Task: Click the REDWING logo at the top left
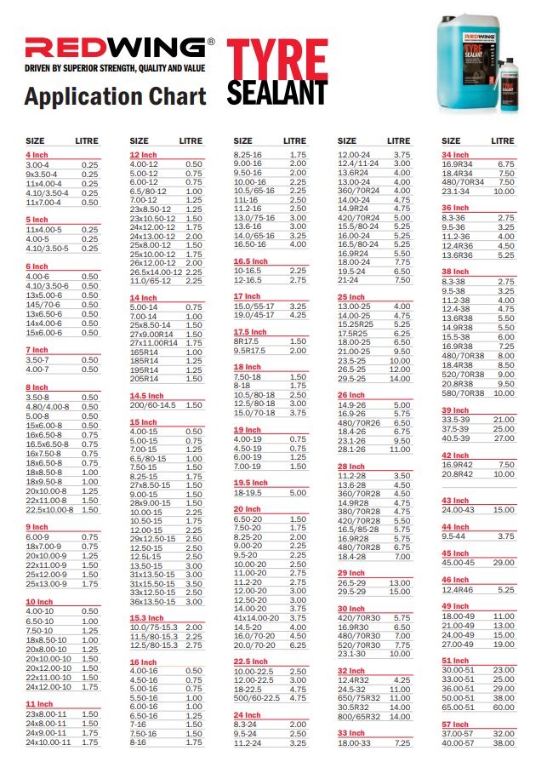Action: pyautogui.click(x=115, y=46)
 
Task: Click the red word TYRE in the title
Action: pyautogui.click(x=276, y=57)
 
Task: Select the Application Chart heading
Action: pyautogui.click(x=115, y=96)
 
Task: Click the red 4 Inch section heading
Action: pyautogui.click(x=37, y=155)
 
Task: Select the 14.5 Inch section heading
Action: pyautogui.click(x=146, y=395)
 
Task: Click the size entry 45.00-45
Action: pyautogui.click(x=459, y=563)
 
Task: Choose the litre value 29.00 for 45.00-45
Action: pyautogui.click(x=504, y=563)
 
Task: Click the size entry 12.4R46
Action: pyautogui.click(x=457, y=589)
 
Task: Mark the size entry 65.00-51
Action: pyautogui.click(x=459, y=707)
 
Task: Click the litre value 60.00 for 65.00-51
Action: pyautogui.click(x=504, y=707)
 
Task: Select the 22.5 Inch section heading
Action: pyautogui.click(x=251, y=661)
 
